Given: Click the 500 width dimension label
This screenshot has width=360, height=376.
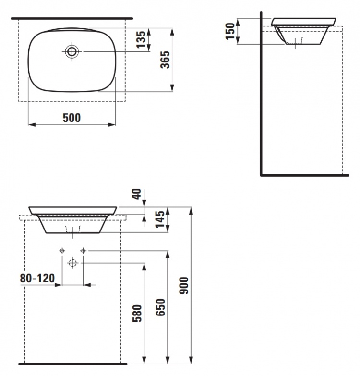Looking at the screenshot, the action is pyautogui.click(x=72, y=118).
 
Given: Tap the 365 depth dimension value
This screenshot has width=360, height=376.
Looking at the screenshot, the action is pyautogui.click(x=165, y=60).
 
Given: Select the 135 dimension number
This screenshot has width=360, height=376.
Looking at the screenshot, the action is pyautogui.click(x=141, y=39).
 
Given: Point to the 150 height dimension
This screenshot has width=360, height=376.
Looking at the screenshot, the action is pyautogui.click(x=230, y=31).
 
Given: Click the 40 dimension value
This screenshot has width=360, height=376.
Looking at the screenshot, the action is pyautogui.click(x=137, y=194).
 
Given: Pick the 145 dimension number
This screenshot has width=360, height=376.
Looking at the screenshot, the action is pyautogui.click(x=160, y=219).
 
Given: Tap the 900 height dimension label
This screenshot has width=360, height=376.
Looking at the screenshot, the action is pyautogui.click(x=184, y=285).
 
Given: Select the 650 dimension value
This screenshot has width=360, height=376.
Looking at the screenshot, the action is pyautogui.click(x=160, y=307).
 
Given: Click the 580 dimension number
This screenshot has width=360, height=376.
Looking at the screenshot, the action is pyautogui.click(x=137, y=313).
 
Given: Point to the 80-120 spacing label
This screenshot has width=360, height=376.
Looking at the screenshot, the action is pyautogui.click(x=37, y=278).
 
